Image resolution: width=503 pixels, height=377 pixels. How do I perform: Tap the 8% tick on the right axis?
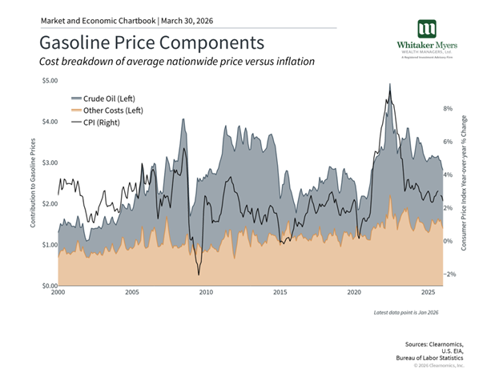click(x=449, y=108)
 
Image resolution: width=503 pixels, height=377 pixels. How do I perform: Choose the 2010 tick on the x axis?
click(x=206, y=293)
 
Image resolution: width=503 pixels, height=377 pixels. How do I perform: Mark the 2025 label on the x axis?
click(x=429, y=293)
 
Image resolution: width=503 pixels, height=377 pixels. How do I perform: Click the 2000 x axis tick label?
click(x=58, y=293)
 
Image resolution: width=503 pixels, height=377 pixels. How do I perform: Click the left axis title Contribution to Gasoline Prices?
click(x=34, y=182)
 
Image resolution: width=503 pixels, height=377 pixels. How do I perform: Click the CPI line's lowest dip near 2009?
click(x=199, y=275)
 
